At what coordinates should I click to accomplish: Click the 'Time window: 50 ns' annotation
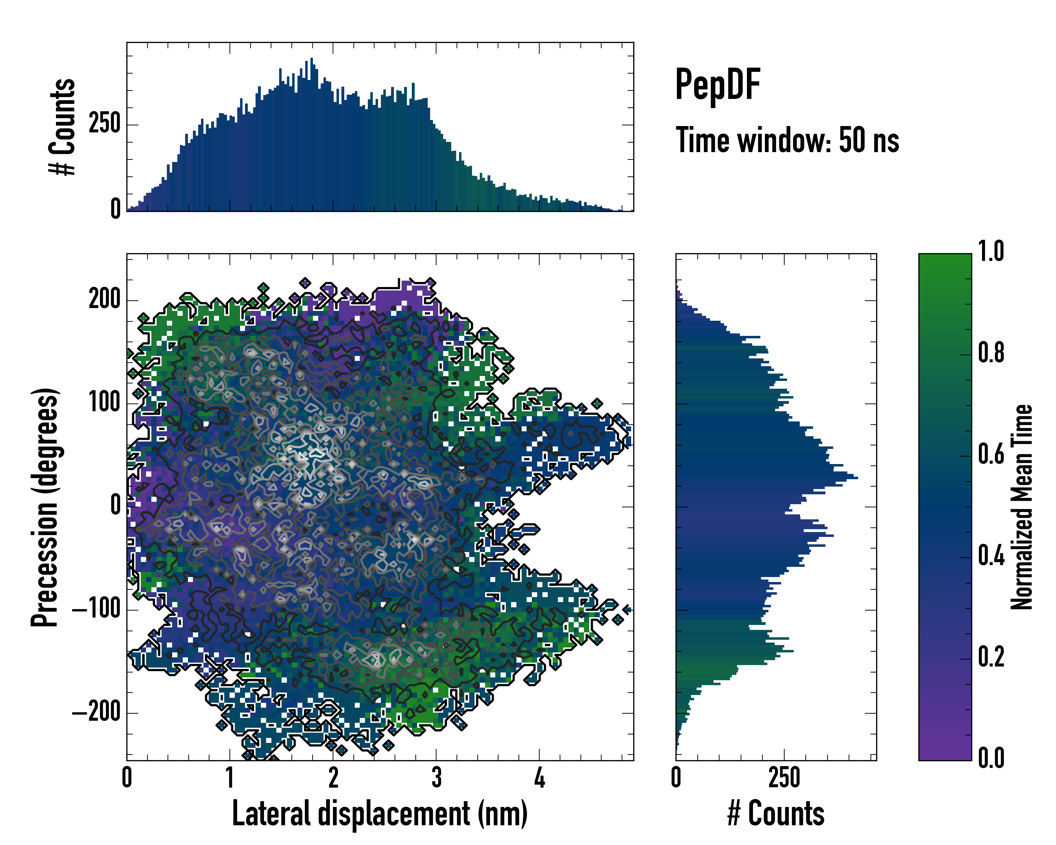(x=787, y=140)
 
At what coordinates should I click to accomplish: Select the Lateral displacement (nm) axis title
(x=379, y=814)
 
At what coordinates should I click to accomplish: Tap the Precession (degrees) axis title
(x=45, y=507)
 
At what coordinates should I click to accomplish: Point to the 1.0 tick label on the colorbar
(x=991, y=251)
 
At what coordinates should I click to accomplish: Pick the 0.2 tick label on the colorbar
(x=991, y=657)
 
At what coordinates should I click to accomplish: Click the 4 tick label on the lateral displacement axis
(x=539, y=778)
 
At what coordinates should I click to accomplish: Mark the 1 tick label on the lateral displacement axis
(x=230, y=778)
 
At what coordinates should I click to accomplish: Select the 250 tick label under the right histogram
(x=784, y=778)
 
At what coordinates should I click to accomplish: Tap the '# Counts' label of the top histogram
(x=63, y=127)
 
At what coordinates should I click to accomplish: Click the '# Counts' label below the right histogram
(x=776, y=814)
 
